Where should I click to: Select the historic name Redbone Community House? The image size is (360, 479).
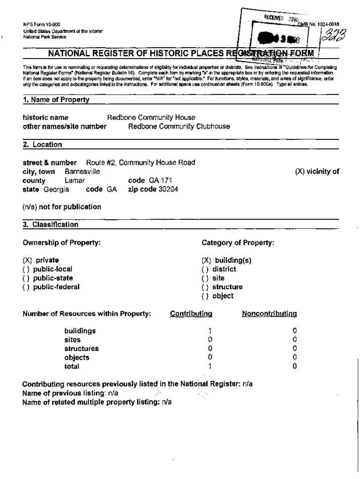(x=151, y=117)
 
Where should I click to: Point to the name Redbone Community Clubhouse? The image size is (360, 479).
(x=179, y=126)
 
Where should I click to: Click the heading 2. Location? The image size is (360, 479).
(x=43, y=145)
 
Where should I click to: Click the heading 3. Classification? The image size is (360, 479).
(x=50, y=225)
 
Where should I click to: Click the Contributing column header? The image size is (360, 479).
(x=191, y=313)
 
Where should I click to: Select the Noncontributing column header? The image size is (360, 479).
(x=269, y=313)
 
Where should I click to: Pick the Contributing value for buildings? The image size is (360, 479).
(x=210, y=331)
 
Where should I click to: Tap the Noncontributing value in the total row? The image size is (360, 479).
(x=295, y=366)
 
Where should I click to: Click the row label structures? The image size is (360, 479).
(x=81, y=348)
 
